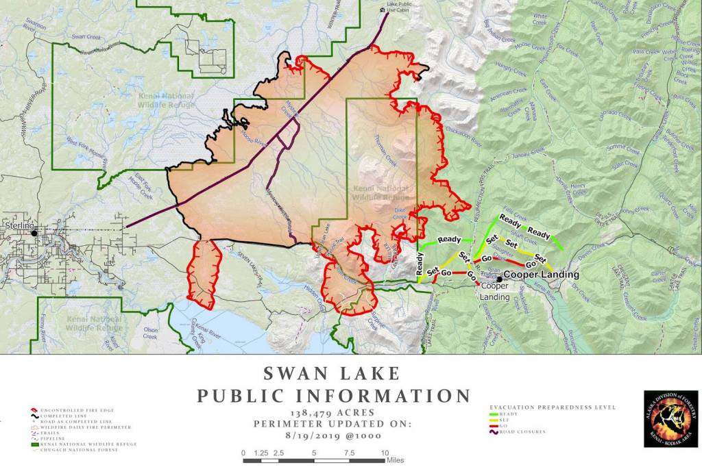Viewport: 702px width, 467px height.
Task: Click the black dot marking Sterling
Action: coord(34,233)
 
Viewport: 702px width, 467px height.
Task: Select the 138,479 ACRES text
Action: coord(332,413)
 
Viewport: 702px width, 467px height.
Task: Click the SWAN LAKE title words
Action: coord(332,373)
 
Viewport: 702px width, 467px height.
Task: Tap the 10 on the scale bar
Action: coord(385,453)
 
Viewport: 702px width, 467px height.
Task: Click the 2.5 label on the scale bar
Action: coord(278,453)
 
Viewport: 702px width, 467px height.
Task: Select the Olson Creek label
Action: coord(150,333)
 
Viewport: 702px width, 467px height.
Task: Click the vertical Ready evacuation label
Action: coord(420,265)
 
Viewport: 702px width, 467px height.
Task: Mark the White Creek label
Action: coord(540,18)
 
